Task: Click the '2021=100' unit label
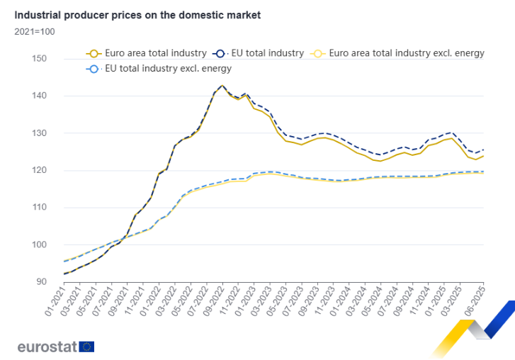point(35,31)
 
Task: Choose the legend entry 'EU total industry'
point(262,53)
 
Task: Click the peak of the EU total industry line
point(222,86)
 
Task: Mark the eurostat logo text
point(48,347)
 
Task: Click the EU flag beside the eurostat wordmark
point(88,347)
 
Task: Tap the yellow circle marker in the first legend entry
point(93,53)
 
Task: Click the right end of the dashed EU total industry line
point(484,150)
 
